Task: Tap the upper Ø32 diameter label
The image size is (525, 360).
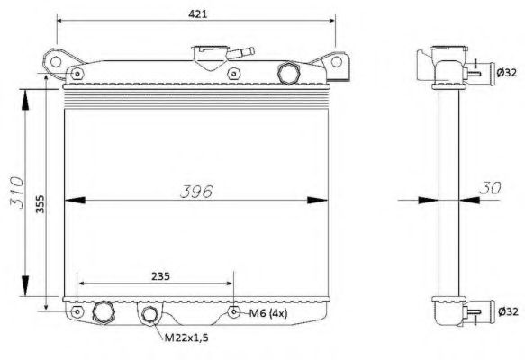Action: click(506, 71)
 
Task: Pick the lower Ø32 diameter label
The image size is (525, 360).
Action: click(506, 312)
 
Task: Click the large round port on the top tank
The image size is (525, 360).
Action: click(290, 72)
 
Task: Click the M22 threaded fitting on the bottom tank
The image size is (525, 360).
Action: click(149, 314)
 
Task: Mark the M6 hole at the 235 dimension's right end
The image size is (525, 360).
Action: click(234, 312)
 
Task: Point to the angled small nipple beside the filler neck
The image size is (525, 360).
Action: click(236, 55)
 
